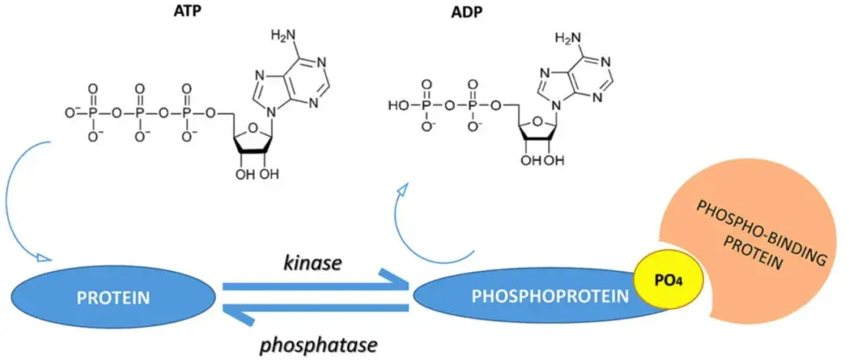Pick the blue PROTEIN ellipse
[x=113, y=298]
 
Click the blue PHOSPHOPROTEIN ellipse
[x=535, y=297]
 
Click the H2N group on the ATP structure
[x=285, y=36]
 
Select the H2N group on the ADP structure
[x=570, y=37]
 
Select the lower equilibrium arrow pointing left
[x=314, y=312]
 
